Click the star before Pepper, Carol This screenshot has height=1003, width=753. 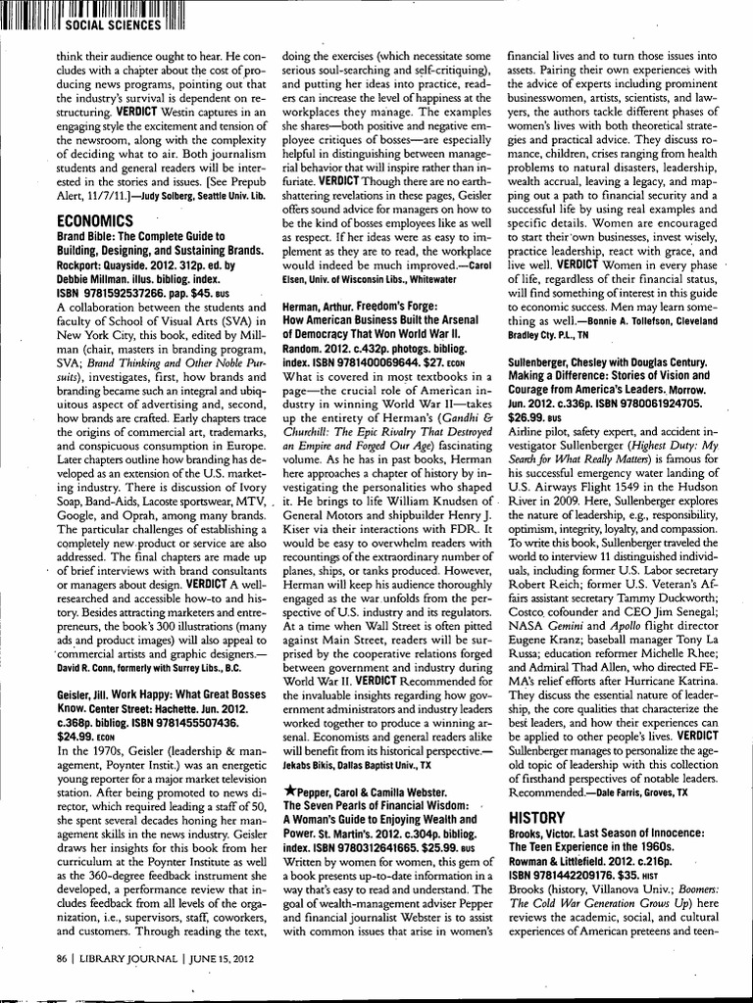point(287,788)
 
